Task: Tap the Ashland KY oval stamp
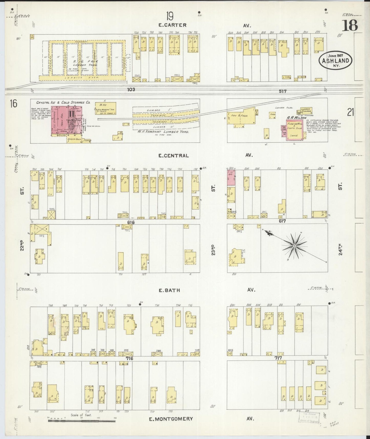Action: click(335, 61)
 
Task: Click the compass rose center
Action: click(294, 246)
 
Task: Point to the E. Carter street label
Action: click(172, 25)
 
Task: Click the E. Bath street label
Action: click(169, 290)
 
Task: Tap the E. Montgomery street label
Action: click(171, 419)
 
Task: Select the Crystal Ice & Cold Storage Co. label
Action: click(63, 102)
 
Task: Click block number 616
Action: click(131, 223)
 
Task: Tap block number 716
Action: click(129, 359)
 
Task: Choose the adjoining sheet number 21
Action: click(351, 112)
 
